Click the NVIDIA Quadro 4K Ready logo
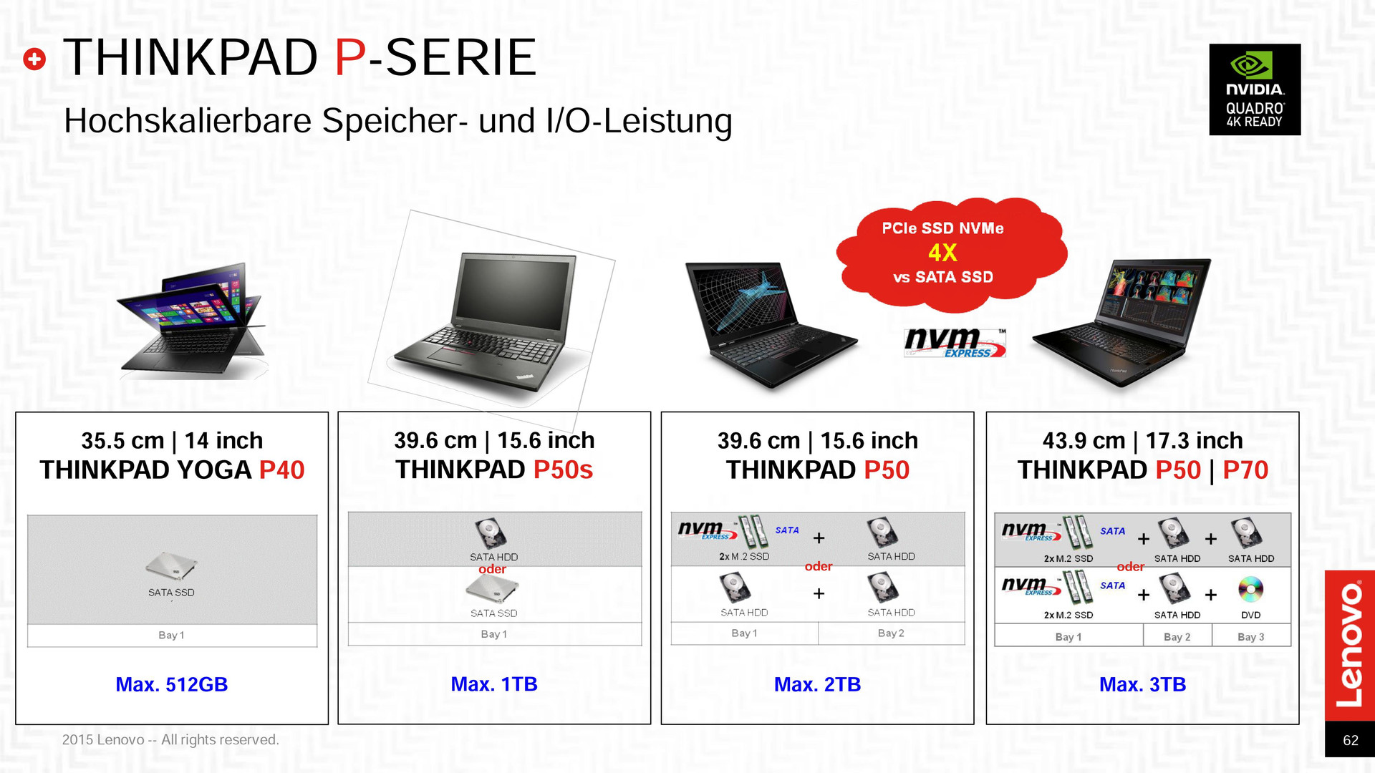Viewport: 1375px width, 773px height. tap(1255, 89)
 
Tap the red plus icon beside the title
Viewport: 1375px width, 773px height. tap(34, 59)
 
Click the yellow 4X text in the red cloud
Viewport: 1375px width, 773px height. tap(942, 253)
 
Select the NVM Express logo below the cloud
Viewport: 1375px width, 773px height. tap(955, 343)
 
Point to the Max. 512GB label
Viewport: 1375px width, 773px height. tap(172, 685)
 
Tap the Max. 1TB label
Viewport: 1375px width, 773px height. tap(494, 684)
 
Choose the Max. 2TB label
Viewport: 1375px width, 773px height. tap(817, 685)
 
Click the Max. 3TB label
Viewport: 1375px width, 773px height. tap(1142, 685)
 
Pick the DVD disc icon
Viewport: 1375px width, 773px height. tap(1250, 590)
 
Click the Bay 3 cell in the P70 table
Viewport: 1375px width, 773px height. tap(1251, 636)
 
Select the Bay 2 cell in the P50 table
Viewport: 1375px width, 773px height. tap(891, 633)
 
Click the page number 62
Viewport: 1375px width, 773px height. tap(1351, 741)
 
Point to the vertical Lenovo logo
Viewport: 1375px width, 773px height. tap(1350, 644)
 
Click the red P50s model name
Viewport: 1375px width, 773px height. tap(563, 470)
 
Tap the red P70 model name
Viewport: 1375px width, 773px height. tap(1245, 470)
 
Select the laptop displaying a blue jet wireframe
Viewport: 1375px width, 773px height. tap(770, 324)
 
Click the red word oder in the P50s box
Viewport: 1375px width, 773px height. tap(493, 569)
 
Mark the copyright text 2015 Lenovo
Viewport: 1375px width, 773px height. tap(170, 740)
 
